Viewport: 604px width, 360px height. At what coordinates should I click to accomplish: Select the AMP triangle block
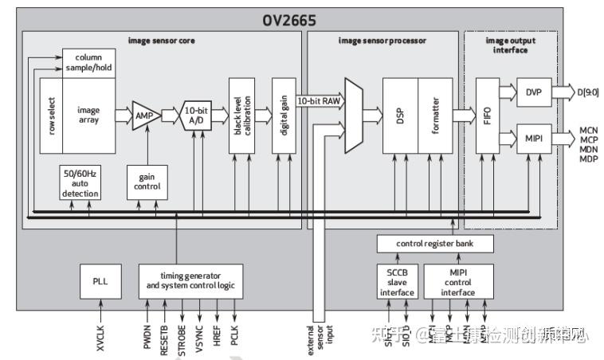[146, 115]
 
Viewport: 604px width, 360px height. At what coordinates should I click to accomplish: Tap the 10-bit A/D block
[197, 115]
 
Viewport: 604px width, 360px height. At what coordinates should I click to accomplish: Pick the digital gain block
[284, 116]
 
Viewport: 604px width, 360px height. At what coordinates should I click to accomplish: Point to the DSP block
[401, 116]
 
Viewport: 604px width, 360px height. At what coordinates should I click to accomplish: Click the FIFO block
[488, 116]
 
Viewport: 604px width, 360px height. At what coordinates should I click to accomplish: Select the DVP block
[533, 93]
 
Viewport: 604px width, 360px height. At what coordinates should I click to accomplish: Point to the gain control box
[147, 182]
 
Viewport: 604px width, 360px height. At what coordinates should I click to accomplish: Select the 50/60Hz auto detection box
[80, 182]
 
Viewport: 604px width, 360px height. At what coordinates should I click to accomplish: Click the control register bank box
[434, 243]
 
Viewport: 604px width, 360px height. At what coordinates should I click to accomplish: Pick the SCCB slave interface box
[396, 281]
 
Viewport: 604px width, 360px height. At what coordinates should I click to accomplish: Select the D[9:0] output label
[588, 93]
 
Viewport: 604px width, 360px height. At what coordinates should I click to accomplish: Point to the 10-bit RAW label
[319, 101]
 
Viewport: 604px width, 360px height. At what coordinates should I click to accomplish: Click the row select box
[51, 116]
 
